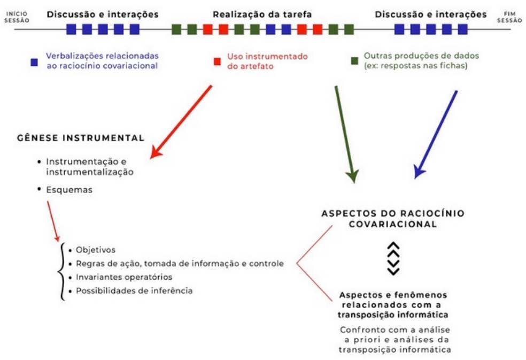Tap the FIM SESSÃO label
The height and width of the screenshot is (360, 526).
click(510, 17)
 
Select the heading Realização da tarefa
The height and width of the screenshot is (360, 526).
click(262, 14)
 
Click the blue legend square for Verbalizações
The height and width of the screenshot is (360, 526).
click(34, 62)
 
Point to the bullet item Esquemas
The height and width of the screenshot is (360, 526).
click(69, 189)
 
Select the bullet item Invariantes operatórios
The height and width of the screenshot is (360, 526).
click(124, 277)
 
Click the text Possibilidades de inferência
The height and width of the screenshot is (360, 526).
click(134, 290)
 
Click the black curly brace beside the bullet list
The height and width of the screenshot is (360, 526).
click(63, 270)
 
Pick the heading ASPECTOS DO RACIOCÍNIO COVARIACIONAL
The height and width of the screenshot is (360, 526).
click(393, 219)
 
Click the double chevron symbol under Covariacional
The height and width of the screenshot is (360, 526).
click(393, 258)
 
